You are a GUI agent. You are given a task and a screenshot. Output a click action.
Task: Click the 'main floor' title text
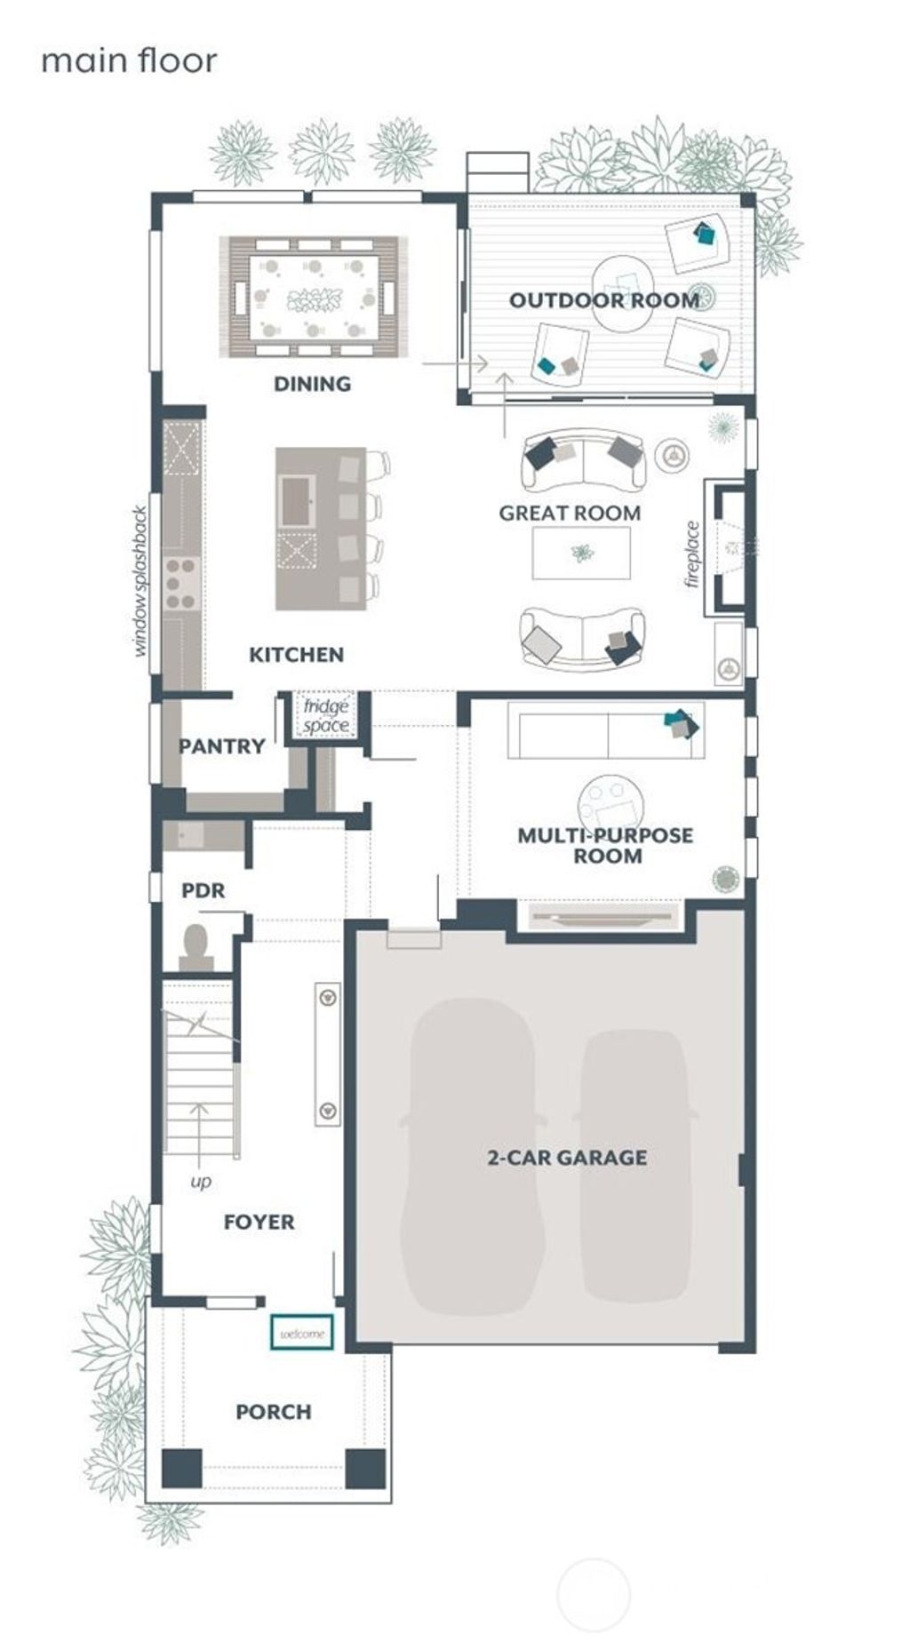pyautogui.click(x=129, y=61)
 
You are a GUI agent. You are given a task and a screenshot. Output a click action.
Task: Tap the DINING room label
pyautogui.click(x=312, y=384)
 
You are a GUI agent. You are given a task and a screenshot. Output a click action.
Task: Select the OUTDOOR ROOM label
pyautogui.click(x=604, y=300)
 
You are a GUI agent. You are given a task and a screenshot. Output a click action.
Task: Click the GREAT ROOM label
pyautogui.click(x=570, y=513)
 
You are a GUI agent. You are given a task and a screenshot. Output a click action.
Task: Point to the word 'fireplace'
pyautogui.click(x=693, y=554)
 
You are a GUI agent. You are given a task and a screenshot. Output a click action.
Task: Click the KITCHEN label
pyautogui.click(x=296, y=655)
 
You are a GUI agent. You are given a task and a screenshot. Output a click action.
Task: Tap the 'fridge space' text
pyautogui.click(x=325, y=716)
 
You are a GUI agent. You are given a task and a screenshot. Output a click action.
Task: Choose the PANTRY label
pyautogui.click(x=222, y=746)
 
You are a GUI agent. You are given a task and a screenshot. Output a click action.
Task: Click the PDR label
pyautogui.click(x=204, y=890)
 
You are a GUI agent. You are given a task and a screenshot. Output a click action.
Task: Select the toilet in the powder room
pyautogui.click(x=195, y=945)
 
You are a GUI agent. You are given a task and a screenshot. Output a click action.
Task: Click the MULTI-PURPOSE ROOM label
pyautogui.click(x=606, y=845)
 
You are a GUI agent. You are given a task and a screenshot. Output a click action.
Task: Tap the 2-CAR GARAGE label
pyautogui.click(x=567, y=1158)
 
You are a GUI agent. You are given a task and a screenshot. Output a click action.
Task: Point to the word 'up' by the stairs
pyautogui.click(x=201, y=1182)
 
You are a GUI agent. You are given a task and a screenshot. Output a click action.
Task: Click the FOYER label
pyautogui.click(x=259, y=1222)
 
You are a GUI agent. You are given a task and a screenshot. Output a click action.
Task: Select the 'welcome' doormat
pyautogui.click(x=302, y=1334)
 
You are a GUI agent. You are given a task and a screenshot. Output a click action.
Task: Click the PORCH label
pyautogui.click(x=274, y=1412)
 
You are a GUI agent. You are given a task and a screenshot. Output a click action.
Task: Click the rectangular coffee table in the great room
pyautogui.click(x=581, y=553)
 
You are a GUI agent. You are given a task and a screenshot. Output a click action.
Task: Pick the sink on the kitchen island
pyautogui.click(x=296, y=500)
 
